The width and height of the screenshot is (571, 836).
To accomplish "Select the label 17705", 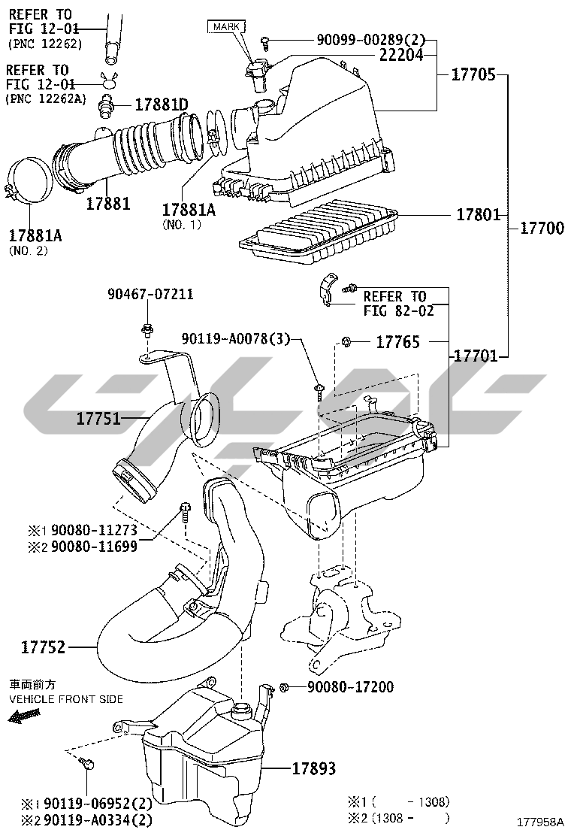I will [x=473, y=74].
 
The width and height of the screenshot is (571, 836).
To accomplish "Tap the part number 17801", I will [x=478, y=215].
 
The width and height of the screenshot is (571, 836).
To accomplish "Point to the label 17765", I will [x=397, y=342].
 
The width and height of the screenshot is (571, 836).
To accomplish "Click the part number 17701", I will [x=474, y=356].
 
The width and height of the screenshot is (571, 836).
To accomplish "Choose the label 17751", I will [x=98, y=419].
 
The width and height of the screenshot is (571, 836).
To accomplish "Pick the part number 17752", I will [x=43, y=646].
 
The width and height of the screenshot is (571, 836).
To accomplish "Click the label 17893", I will [x=313, y=768].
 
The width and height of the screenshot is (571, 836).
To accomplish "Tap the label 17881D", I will [x=161, y=104].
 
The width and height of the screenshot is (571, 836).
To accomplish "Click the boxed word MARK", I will [x=227, y=26].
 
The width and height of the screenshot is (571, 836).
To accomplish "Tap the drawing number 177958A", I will [x=539, y=822].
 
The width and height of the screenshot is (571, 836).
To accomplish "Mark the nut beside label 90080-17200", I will [x=285, y=686].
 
